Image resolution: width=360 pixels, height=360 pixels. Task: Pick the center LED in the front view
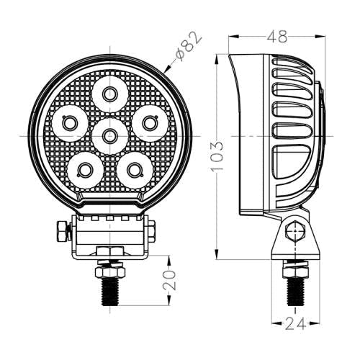tap(109, 133)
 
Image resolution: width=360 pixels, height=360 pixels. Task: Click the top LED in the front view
tap(109, 93)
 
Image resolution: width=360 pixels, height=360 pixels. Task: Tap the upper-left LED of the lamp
tap(70, 123)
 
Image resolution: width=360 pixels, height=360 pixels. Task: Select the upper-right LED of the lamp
tap(149, 123)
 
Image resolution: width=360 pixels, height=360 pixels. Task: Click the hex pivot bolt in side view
tap(292, 233)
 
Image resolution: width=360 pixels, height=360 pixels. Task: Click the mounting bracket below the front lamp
tap(110, 234)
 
